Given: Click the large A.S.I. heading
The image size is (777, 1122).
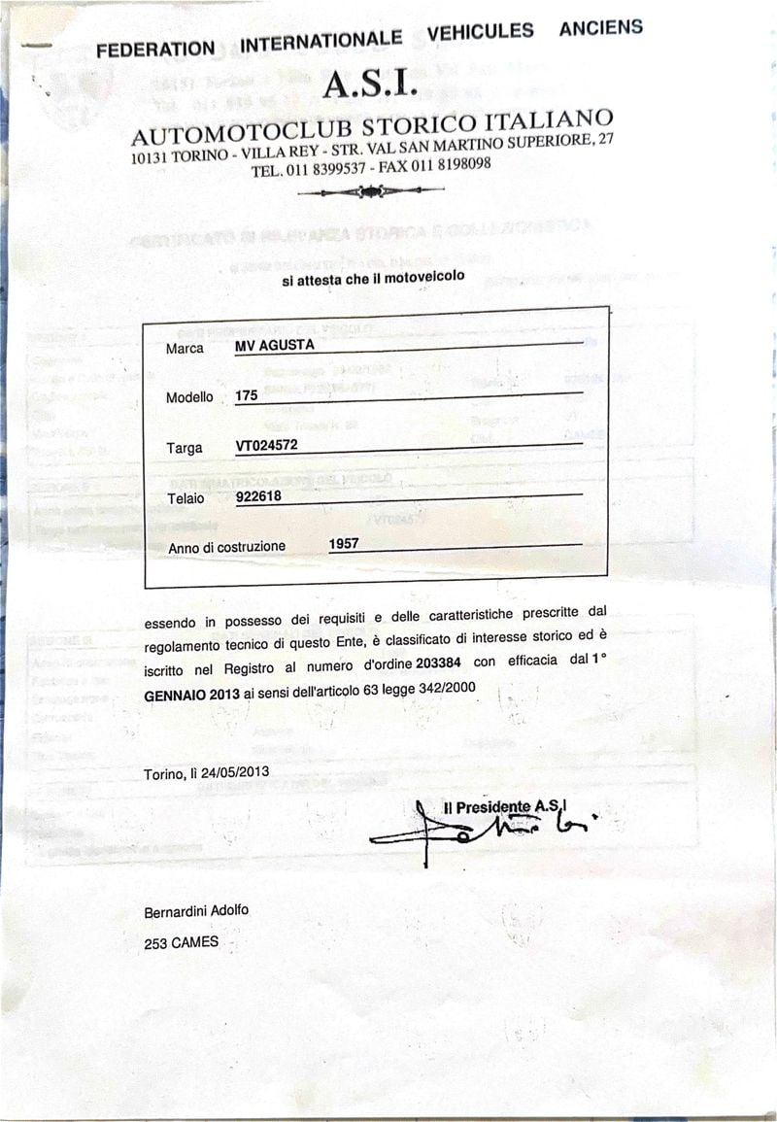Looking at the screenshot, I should (370, 87).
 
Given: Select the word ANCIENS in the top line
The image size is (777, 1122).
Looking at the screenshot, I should (600, 28).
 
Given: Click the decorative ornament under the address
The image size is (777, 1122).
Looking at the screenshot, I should (371, 191).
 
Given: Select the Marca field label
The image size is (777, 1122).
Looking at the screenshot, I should (185, 349).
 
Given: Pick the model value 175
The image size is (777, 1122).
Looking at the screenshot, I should (247, 396).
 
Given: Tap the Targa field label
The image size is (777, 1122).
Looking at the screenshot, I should (185, 448).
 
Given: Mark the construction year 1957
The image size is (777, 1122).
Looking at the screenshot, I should (344, 544).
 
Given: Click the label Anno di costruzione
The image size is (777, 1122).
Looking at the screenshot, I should (227, 548).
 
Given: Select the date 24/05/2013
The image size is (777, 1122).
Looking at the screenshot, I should (237, 773).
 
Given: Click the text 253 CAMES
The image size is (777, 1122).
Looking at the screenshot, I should (182, 941).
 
